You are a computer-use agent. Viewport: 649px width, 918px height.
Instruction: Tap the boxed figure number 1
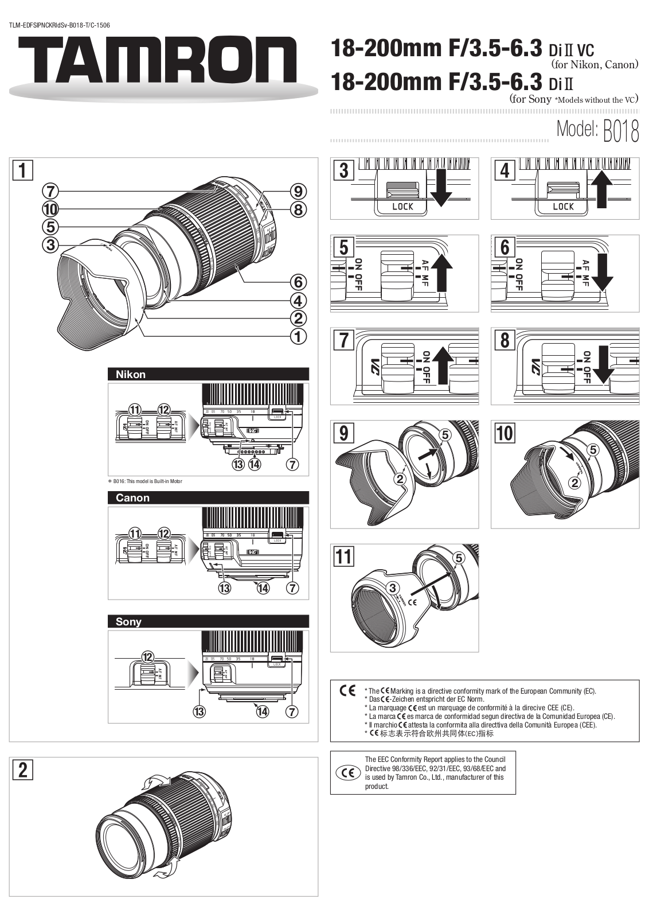23,171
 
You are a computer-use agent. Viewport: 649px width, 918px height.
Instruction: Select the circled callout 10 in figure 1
50,209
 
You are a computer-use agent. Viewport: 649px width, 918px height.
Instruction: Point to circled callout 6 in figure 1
298,282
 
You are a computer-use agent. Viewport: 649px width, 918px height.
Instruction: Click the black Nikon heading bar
208,374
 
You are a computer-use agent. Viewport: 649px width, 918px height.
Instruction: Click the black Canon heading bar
208,497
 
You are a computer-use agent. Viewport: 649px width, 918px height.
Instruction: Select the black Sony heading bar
208,621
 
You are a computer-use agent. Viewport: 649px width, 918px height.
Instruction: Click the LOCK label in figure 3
402,207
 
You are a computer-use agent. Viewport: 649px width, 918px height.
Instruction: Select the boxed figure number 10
505,433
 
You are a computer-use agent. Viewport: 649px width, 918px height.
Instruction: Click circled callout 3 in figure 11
393,588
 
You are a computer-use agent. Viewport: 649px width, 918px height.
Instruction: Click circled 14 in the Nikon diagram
254,464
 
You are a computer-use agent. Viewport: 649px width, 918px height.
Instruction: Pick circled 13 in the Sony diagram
199,711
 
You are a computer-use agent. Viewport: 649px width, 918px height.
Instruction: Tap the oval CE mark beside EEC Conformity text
347,773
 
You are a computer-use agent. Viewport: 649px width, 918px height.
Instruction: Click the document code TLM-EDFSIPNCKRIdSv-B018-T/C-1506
60,25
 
